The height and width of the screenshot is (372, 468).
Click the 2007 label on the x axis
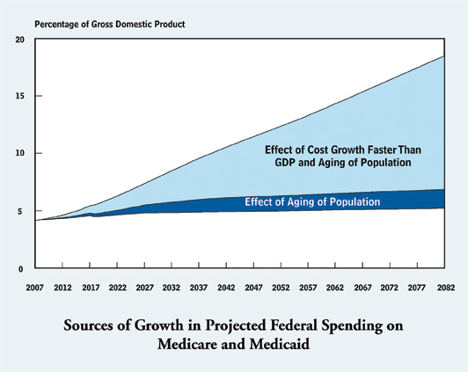34,288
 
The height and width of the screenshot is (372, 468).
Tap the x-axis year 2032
172,288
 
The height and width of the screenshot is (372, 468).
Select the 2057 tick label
308,288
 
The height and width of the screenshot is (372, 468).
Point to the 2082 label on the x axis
446,288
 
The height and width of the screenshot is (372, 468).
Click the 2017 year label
91,288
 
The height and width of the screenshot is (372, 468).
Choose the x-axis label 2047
253,288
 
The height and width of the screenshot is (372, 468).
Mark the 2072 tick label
390,288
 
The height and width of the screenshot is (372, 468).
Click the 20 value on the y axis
20,40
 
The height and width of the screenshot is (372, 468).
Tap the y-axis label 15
20,96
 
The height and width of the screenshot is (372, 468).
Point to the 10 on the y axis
20,153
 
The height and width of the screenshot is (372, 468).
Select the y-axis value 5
20,212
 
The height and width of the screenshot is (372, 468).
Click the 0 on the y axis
20,269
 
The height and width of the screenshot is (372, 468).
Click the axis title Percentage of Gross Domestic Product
110,24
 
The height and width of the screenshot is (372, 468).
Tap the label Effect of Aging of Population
312,202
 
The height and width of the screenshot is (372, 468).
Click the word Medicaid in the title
280,344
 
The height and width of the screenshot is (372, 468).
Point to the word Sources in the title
88,325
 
